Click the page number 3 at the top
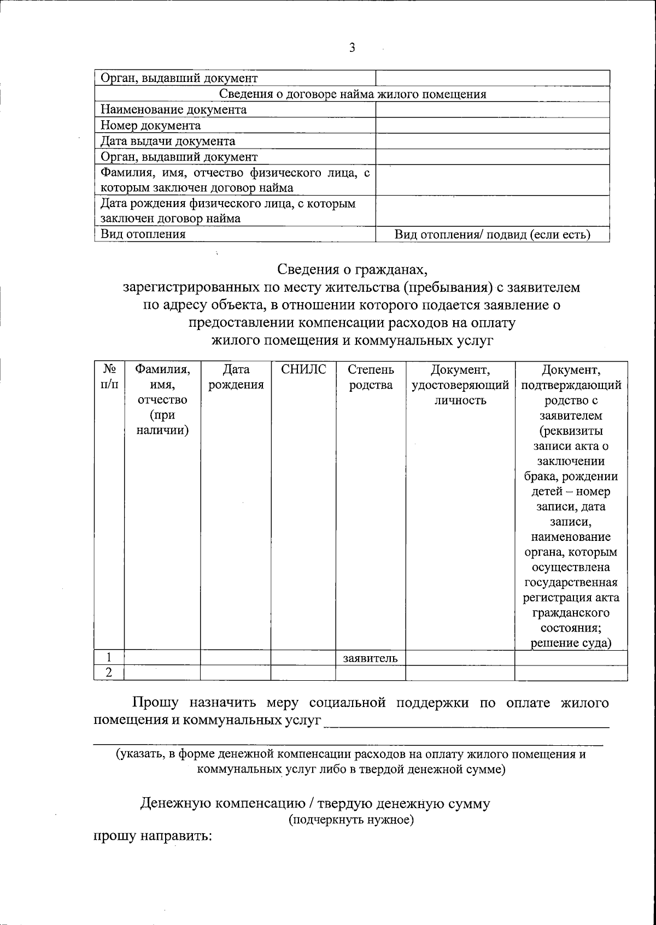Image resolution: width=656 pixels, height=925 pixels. pos(352,48)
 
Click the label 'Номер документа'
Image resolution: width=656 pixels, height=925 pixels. pos(150,126)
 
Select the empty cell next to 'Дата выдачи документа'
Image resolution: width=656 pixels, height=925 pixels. pos(492,142)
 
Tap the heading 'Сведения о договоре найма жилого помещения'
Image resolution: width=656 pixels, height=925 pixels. pos(353,94)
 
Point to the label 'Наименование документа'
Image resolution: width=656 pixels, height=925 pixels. pos(173,110)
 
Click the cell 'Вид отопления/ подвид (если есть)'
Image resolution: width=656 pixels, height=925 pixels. pos(492,234)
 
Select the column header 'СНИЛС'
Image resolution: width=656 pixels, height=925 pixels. pos(303,370)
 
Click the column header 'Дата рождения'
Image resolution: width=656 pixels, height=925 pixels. pos(236,377)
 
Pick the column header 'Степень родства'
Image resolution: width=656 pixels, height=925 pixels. pos(371,377)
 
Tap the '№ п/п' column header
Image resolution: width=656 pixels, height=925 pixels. pos(109,377)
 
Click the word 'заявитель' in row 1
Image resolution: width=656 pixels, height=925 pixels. pos(370,658)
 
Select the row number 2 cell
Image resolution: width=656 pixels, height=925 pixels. pos(109,673)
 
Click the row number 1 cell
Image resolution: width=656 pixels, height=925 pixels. pos(109,658)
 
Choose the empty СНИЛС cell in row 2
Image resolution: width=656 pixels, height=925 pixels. pos(303,673)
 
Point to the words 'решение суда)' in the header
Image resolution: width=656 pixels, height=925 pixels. pos(571,643)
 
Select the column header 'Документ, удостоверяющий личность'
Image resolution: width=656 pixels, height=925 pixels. pos(460,385)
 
